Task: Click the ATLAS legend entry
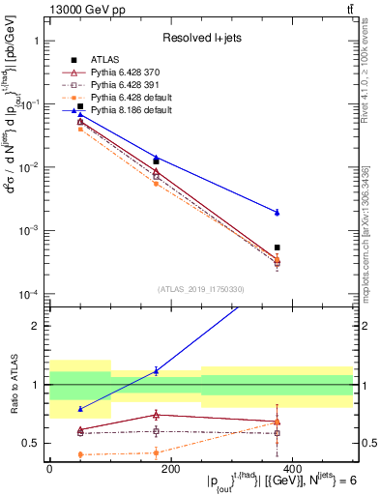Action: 110,60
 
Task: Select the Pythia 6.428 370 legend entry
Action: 127,73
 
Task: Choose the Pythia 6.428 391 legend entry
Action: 127,85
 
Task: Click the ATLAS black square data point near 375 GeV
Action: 278,248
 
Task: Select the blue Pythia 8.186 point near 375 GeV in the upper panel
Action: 278,212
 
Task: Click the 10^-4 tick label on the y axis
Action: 28,294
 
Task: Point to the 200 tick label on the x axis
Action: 170,468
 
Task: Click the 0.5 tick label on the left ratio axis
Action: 32,444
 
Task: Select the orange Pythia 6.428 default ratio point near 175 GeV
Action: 157,451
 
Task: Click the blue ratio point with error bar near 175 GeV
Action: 157,371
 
